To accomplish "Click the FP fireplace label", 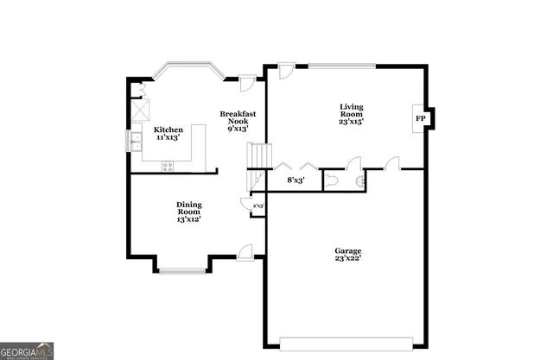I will click(421, 118).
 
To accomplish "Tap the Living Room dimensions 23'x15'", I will click(351, 122).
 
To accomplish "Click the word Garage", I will click(348, 250).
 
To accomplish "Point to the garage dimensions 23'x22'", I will click(348, 258).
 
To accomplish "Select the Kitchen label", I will click(168, 129).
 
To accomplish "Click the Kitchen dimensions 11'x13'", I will click(168, 137).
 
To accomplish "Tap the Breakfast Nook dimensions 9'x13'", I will click(237, 129).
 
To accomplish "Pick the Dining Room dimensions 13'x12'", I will click(188, 219).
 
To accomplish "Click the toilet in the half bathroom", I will click(359, 181).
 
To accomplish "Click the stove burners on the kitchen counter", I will click(168, 165).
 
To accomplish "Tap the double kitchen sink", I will click(137, 140).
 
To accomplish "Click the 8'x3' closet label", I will click(296, 180).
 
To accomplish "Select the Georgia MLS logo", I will click(27, 350).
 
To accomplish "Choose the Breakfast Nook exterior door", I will click(247, 82).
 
